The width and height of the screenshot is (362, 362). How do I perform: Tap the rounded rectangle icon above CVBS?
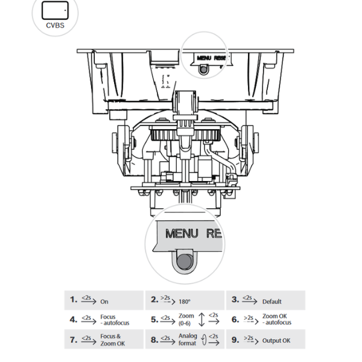click(54, 10)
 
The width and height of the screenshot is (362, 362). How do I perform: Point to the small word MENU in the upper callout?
click(205, 57)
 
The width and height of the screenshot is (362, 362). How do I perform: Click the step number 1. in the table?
click(74, 300)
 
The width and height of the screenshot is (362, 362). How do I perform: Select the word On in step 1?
click(104, 302)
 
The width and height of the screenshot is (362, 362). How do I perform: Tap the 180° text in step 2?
click(184, 302)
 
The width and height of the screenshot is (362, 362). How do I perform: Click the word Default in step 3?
click(271, 302)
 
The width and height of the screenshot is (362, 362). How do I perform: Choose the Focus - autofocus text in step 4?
click(115, 320)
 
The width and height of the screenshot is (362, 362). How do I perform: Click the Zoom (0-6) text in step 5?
click(186, 320)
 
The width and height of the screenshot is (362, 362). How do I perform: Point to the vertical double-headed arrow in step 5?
click(202, 320)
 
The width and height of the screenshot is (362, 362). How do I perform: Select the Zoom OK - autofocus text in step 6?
click(276, 320)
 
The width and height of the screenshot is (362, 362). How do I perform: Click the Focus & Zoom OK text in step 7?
click(113, 340)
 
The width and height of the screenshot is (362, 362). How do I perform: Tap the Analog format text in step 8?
click(188, 340)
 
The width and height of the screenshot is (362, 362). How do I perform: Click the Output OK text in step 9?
click(276, 341)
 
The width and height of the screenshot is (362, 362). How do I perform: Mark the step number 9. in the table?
click(235, 340)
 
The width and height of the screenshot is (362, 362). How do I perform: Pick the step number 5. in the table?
click(154, 320)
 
